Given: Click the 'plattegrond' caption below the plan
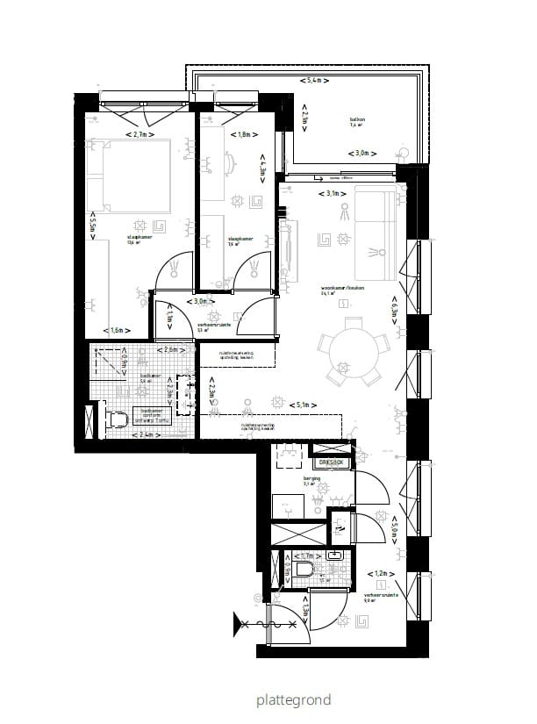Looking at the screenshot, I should (x=293, y=700).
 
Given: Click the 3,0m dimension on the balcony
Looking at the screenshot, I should (x=361, y=153).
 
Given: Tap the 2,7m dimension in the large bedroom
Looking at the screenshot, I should (x=139, y=134).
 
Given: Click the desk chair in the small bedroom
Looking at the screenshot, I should (x=230, y=162).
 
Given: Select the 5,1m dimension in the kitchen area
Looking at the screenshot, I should (x=301, y=405).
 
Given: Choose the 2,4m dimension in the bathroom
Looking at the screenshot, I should (x=144, y=434).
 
